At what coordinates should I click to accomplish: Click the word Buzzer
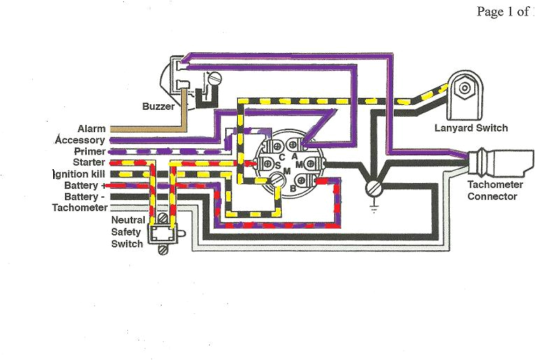[x=159, y=106]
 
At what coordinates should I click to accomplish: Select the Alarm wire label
[x=91, y=129]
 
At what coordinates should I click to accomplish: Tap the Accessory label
[x=80, y=140]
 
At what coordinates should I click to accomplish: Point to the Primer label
[x=89, y=151]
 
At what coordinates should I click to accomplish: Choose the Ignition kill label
[x=79, y=173]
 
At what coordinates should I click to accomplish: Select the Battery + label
[x=84, y=185]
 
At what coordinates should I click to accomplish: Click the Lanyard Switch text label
[x=471, y=128]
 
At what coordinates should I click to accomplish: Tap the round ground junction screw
[x=373, y=188]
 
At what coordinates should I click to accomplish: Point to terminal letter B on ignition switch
[x=293, y=187]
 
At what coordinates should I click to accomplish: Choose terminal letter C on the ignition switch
[x=281, y=157]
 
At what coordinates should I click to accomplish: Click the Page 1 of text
[x=501, y=11]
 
